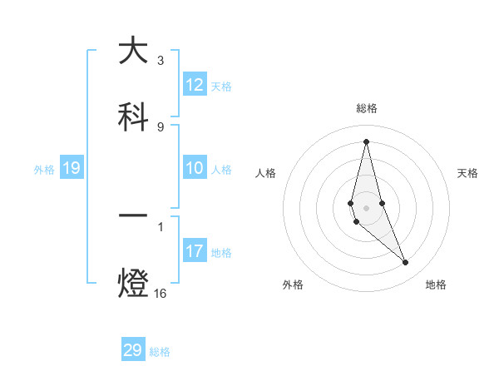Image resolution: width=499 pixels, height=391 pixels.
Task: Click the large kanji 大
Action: tap(133, 51)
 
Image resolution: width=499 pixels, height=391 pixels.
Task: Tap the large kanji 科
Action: tap(133, 117)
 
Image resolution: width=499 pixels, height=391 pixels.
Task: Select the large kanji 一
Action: tap(133, 217)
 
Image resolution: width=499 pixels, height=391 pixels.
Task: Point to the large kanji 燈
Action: tap(133, 283)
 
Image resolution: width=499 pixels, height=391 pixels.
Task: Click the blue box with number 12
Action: tap(195, 85)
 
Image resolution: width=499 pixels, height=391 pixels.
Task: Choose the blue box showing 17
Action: tap(195, 251)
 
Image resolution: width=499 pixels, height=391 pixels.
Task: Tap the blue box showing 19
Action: tap(72, 169)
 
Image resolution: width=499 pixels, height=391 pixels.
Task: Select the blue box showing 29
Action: tap(133, 350)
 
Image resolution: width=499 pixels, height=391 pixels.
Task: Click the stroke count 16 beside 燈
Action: tap(161, 293)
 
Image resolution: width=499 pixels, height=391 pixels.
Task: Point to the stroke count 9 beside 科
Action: tap(161, 126)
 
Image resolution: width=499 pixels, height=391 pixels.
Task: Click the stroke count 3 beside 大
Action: tap(161, 61)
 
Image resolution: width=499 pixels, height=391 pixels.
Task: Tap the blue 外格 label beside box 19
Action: tap(44, 170)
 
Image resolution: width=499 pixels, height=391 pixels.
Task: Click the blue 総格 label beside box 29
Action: tap(160, 352)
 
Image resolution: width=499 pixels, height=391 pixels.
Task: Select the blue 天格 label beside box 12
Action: tap(221, 87)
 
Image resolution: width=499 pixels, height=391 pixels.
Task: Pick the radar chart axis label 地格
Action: tap(436, 285)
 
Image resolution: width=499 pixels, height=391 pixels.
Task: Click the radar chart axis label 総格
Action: tap(366, 108)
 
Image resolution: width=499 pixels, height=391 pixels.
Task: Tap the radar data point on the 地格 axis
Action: tap(406, 263)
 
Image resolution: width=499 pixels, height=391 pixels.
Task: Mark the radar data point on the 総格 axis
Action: tap(366, 141)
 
